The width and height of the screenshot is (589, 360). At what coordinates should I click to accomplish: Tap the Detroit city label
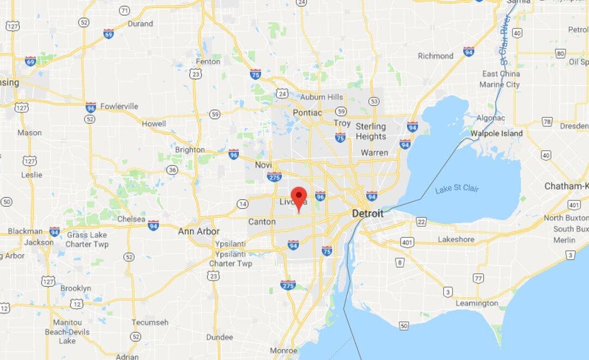coord(368,213)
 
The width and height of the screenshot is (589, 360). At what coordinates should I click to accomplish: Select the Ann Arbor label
coord(199,231)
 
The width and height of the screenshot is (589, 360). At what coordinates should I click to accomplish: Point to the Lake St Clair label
coord(457,189)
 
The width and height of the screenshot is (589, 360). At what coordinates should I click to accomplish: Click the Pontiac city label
coord(308,112)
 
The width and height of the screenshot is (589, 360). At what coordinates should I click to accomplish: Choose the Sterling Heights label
coord(371,131)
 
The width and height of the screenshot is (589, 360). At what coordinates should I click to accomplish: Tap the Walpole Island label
coord(496,133)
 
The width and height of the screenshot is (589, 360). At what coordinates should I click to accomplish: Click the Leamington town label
coord(477,303)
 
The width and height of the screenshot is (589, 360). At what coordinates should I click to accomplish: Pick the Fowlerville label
coord(119,106)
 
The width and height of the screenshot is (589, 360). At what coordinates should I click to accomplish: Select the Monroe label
coord(283,350)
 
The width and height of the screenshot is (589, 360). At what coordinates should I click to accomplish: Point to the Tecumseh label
coord(149,322)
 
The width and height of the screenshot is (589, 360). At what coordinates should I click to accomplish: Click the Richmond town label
coord(435,56)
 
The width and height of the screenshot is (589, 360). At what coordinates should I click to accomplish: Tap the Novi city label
coord(263,165)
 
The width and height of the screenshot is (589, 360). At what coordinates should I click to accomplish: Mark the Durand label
coord(140,24)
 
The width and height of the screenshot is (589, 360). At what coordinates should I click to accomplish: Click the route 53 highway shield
coord(373,101)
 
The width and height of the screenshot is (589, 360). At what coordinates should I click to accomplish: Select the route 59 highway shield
coord(215,114)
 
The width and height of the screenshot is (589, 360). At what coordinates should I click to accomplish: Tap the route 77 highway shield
coord(478,278)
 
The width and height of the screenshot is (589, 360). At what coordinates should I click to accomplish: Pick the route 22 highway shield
coord(420,221)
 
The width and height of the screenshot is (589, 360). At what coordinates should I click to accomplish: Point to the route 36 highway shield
coord(172,170)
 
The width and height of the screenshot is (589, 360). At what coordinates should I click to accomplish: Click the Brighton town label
coord(190,150)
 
